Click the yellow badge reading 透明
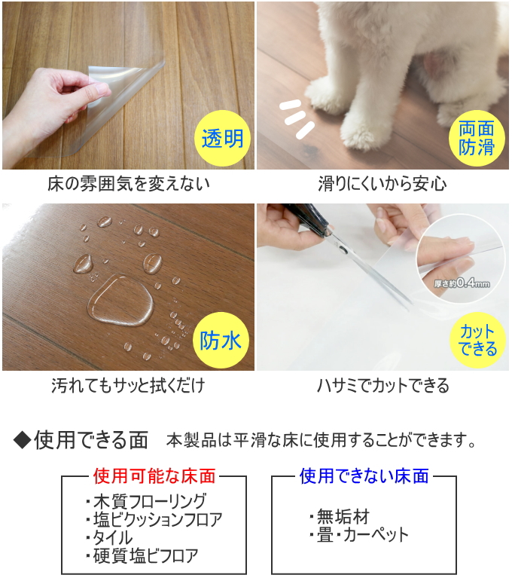pyautogui.click(x=223, y=138)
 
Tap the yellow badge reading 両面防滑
pyautogui.click(x=477, y=138)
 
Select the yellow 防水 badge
pyautogui.click(x=221, y=340)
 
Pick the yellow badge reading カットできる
pyautogui.click(x=477, y=341)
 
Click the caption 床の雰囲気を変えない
pyautogui.click(x=129, y=184)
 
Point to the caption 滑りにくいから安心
pyautogui.click(x=382, y=184)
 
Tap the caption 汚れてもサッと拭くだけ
pyautogui.click(x=128, y=385)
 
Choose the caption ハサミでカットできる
pyautogui.click(x=383, y=385)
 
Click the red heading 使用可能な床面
pyautogui.click(x=154, y=476)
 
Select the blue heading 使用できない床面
pyautogui.click(x=364, y=476)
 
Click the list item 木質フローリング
pyautogui.click(x=146, y=501)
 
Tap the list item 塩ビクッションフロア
pyautogui.click(x=154, y=519)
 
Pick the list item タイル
pyautogui.click(x=109, y=537)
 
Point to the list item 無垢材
pyautogui.click(x=340, y=516)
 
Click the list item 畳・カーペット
pyautogui.click(x=359, y=535)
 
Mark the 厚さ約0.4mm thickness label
pyautogui.click(x=462, y=284)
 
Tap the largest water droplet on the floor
pyautogui.click(x=120, y=301)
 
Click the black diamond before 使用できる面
pyautogui.click(x=22, y=440)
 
